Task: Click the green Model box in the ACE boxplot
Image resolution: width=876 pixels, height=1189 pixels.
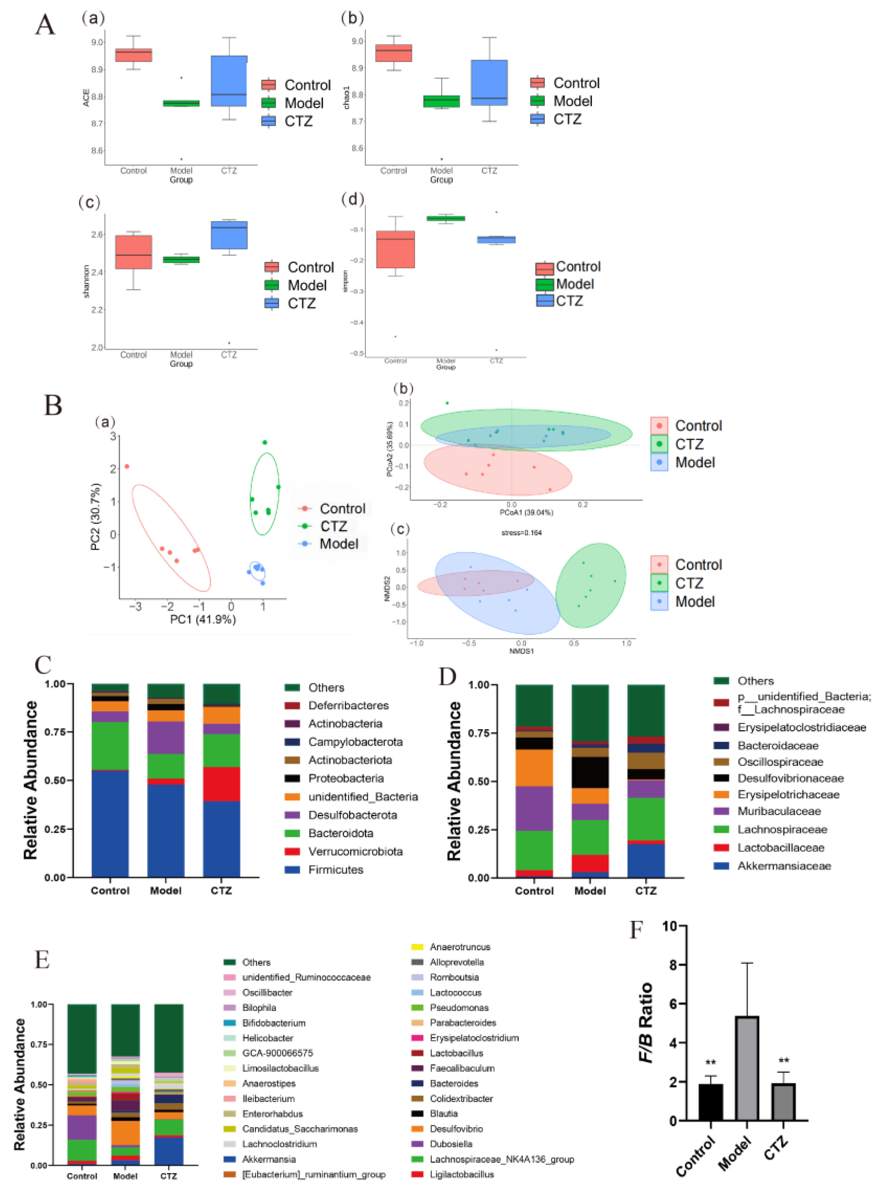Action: pos(181,103)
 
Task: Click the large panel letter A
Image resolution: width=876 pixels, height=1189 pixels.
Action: pos(45,25)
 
